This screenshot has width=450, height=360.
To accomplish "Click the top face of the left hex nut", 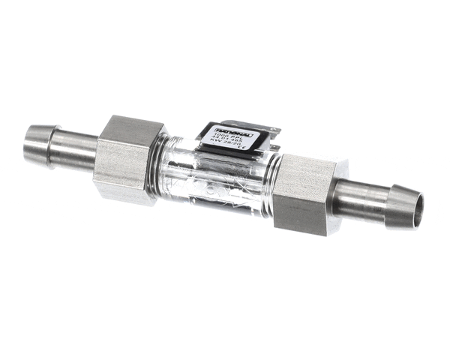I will [132, 129].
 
